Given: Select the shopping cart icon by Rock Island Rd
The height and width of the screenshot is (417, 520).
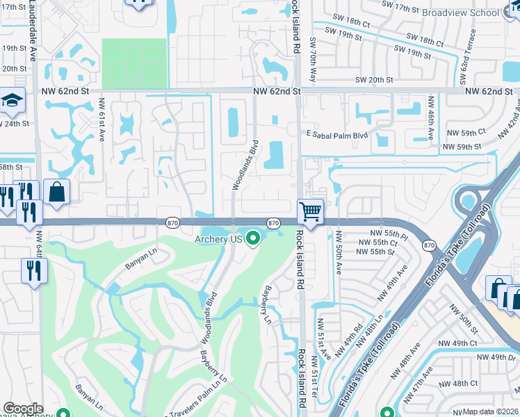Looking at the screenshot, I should click(310, 211).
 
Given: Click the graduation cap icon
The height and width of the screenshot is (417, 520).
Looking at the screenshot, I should click(12, 101).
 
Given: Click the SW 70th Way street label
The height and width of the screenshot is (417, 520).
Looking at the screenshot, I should click(313, 60).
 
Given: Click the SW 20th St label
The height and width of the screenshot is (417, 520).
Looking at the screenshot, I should click(373, 80).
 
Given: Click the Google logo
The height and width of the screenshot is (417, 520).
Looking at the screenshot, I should click(23, 408).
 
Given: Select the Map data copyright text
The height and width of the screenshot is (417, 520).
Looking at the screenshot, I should click(491, 411).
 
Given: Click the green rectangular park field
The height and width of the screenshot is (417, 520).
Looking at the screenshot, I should click(135, 63).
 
